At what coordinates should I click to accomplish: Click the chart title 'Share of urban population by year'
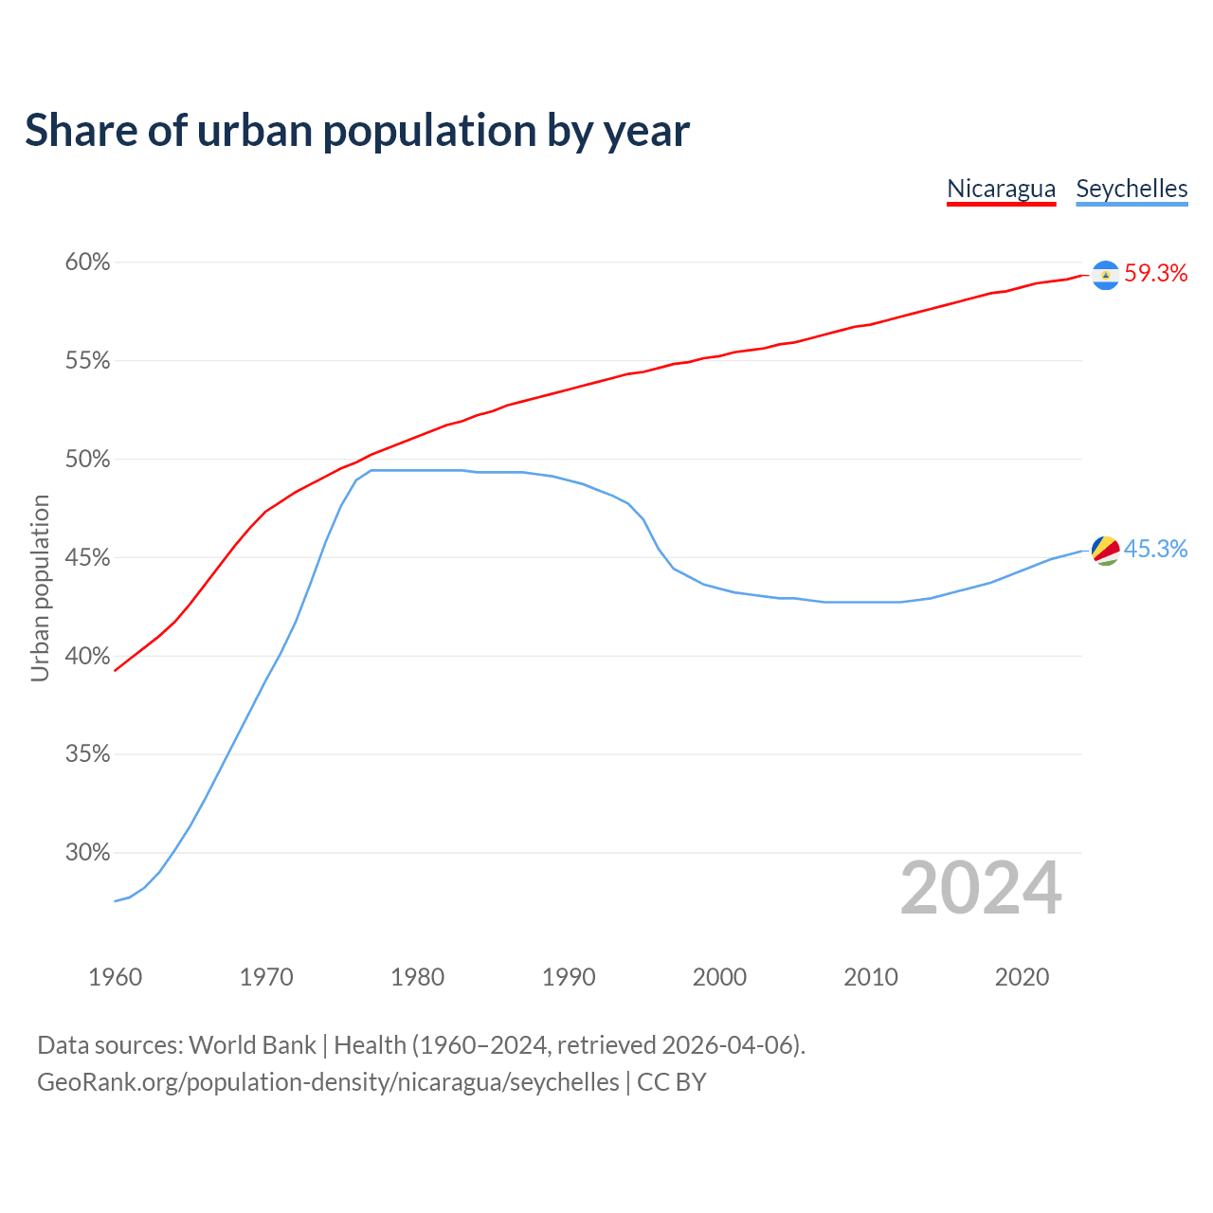point(357,131)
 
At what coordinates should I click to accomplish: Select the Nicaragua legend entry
point(1001,189)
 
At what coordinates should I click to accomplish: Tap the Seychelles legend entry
point(1132,189)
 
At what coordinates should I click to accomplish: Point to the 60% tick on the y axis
point(87,263)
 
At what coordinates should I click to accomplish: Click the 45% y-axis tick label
point(87,558)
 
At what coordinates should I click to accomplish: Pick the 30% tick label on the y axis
point(87,853)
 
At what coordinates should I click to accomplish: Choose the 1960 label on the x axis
point(115,977)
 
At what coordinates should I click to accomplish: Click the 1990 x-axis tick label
point(569,977)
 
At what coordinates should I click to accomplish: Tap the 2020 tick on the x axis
point(1022,977)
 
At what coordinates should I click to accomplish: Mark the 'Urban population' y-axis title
point(40,588)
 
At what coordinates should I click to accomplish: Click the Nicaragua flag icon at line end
point(1105,275)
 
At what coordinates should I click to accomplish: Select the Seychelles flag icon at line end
point(1105,550)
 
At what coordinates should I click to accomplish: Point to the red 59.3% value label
point(1155,274)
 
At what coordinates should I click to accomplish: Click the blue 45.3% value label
point(1155,550)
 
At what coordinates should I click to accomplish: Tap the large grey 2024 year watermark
point(981,888)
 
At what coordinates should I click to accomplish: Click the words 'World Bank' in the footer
point(252,1045)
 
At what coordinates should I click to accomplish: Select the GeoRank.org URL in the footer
point(328,1082)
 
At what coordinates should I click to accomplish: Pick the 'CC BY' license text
point(672,1082)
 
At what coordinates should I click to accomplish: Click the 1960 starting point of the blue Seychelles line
point(115,900)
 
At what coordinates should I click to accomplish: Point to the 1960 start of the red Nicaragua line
point(115,670)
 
